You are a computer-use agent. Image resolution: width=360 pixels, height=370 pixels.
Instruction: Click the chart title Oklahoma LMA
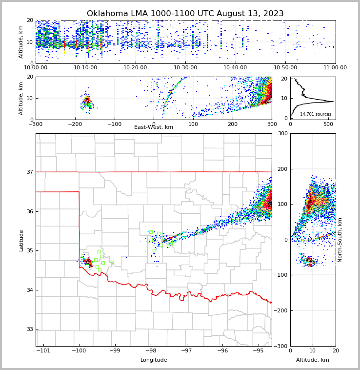185,14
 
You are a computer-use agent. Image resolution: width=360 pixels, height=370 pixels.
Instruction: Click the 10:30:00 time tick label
185,67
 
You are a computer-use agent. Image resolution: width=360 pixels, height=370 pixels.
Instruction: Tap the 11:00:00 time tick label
335,67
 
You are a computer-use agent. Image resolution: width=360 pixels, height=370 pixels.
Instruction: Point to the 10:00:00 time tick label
36,67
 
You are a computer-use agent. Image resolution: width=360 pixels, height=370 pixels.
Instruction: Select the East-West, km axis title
154,127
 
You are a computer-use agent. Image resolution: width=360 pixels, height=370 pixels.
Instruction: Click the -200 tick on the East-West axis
75,123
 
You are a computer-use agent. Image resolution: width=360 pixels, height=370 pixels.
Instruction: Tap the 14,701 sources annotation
316,114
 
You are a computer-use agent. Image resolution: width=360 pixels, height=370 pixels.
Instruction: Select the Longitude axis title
154,360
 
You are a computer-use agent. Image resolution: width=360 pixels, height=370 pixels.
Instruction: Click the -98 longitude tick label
150,350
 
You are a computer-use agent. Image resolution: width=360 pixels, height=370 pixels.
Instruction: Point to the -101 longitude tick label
43,350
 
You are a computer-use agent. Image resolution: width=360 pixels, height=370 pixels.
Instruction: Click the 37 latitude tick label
30,172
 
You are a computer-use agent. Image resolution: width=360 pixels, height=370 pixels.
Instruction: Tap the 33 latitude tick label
30,329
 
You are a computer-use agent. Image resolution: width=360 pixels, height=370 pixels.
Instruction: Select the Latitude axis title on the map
21,240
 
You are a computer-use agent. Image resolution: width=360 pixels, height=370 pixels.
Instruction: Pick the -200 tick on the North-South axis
282,310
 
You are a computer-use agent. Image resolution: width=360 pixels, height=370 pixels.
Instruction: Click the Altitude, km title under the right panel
313,360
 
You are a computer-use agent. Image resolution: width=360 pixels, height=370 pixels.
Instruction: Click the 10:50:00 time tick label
285,67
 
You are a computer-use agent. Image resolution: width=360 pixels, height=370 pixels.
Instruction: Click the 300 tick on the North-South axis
283,133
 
